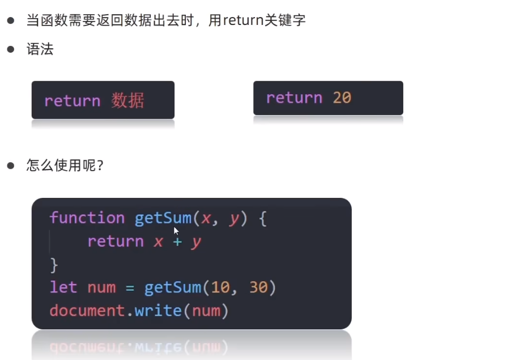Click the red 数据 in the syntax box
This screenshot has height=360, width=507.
pos(127,101)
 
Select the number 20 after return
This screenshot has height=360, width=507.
pos(342,98)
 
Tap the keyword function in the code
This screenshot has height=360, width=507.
pos(87,218)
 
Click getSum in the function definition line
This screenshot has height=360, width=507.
pos(163,218)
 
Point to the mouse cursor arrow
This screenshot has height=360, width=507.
pos(176,230)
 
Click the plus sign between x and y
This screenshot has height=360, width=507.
pos(177,242)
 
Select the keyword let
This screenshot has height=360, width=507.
pos(63,287)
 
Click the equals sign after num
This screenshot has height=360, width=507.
pos(130,288)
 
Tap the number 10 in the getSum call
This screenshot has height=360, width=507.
pos(220,287)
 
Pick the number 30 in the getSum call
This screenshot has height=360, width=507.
pos(258,287)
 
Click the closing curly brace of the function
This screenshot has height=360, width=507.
pos(54,265)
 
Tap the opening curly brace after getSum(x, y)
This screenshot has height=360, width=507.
pos(262,219)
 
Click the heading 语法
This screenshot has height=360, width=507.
pos(40,49)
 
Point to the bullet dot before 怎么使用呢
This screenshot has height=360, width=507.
pos(10,166)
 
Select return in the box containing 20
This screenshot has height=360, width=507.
pos(294,98)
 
